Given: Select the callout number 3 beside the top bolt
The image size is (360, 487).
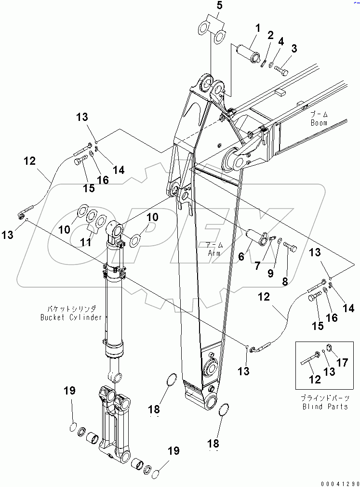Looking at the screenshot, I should [x=293, y=48].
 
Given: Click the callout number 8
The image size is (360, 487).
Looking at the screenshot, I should [x=285, y=282].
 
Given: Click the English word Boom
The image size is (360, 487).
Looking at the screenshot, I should [x=319, y=123].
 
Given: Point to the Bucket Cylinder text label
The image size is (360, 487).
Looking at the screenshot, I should [x=78, y=317].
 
